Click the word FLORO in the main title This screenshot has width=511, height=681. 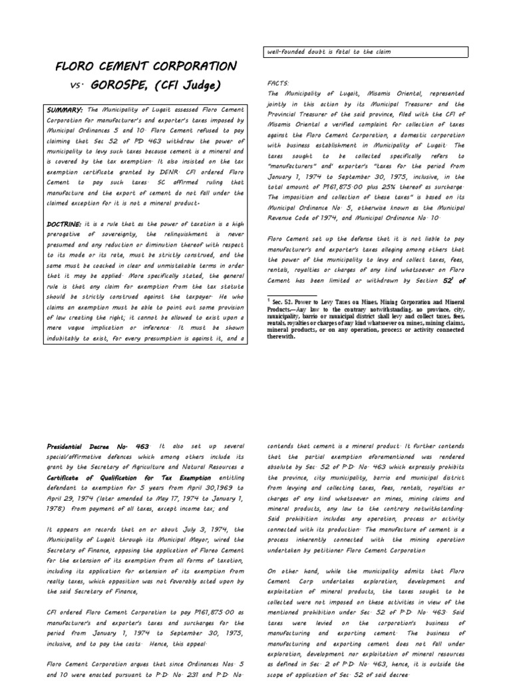coord(79,67)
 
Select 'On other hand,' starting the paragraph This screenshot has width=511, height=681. coord(291,571)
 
